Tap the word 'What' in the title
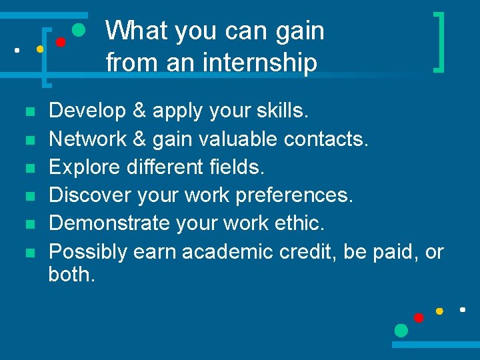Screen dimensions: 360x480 tap(133, 31)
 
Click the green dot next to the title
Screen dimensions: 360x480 tap(78, 30)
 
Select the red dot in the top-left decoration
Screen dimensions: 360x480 tap(60, 42)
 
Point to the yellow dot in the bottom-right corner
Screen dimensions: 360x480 tap(439, 311)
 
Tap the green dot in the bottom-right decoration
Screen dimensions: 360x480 tap(401, 330)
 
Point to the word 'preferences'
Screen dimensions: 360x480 tap(297, 195)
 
